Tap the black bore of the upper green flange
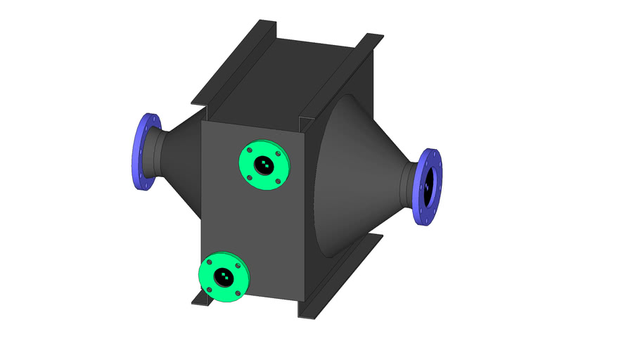[263, 165]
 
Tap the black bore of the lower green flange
[224, 276]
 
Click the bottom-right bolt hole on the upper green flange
[278, 181]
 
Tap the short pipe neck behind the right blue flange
[410, 186]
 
